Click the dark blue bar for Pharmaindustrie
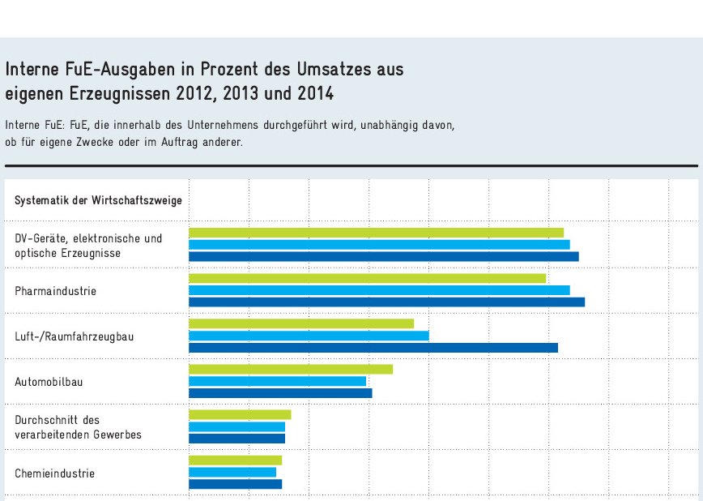point(386,302)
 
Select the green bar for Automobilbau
point(291,369)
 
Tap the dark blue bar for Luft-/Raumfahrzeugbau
point(373,348)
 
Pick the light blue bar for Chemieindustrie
point(232,472)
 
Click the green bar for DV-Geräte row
point(376,233)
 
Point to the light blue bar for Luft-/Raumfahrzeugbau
point(309,336)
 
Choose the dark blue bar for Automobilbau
point(280,393)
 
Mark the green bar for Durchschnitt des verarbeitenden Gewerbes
point(240,414)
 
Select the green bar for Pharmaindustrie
point(367,278)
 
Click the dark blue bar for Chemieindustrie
point(235,484)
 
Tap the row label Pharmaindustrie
point(55,290)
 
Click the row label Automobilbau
point(49,381)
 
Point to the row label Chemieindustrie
point(54,473)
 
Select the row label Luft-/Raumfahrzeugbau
point(74,336)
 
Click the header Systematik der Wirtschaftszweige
point(98,200)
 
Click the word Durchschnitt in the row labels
point(47,420)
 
